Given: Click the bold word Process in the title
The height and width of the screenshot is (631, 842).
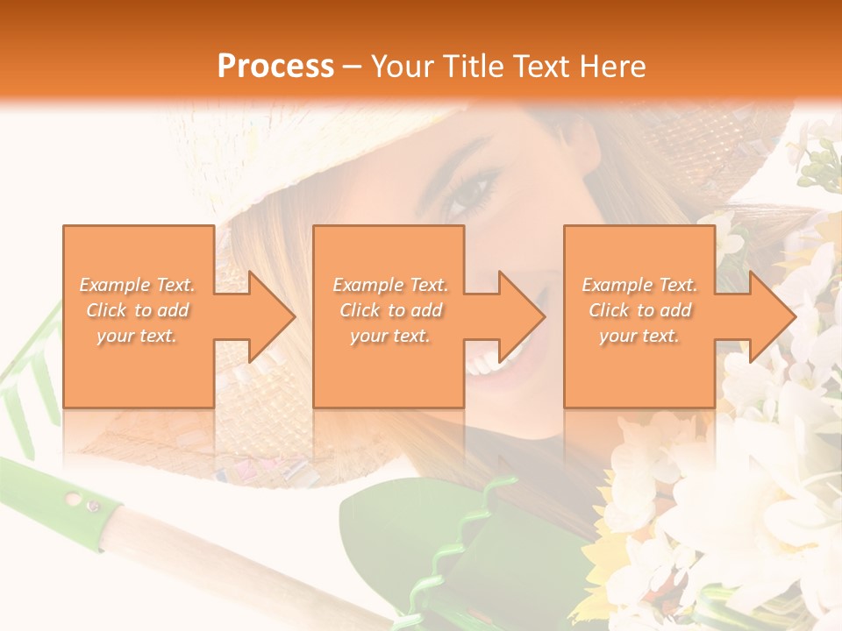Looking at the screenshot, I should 275,67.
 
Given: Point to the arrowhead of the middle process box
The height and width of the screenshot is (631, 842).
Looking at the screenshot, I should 516,316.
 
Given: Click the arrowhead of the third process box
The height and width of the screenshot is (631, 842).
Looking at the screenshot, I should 766,316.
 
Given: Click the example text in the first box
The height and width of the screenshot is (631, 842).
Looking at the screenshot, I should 137,310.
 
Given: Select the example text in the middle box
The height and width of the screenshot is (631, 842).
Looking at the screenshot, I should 389,310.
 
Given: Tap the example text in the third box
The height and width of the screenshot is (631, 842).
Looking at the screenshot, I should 639,310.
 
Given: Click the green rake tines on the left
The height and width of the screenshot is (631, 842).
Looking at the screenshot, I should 26,386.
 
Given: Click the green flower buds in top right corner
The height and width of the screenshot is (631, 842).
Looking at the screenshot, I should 820,162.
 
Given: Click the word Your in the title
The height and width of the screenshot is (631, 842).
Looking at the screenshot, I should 404,67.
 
